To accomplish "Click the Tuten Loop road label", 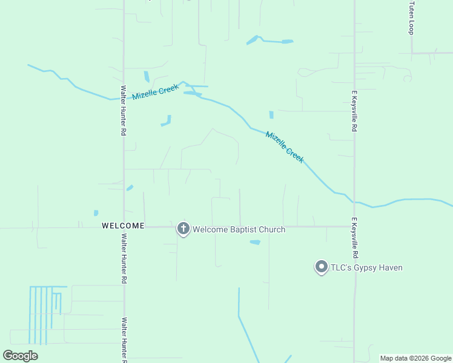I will click(x=411, y=18).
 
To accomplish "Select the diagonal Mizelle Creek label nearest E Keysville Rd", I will click(x=284, y=147).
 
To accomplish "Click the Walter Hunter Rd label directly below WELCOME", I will click(x=123, y=259).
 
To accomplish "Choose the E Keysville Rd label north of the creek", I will click(x=354, y=111).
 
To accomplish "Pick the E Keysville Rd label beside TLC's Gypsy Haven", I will click(x=354, y=238).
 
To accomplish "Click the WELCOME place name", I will click(x=123, y=226).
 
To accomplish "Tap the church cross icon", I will click(x=183, y=229).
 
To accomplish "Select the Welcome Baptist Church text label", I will click(x=238, y=229).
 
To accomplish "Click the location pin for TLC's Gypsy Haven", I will click(x=321, y=267).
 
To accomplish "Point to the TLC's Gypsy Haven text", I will click(x=366, y=267).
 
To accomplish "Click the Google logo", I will click(x=21, y=356).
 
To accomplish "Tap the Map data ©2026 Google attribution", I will click(x=415, y=358).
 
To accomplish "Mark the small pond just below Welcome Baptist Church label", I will click(x=255, y=243).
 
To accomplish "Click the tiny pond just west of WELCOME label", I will click(x=96, y=213).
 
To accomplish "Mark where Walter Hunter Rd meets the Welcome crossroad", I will click(x=124, y=227).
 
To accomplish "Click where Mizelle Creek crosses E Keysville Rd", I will click(x=355, y=201).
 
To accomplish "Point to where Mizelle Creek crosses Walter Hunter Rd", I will click(x=124, y=98).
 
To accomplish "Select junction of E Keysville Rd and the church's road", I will click(x=355, y=227).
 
